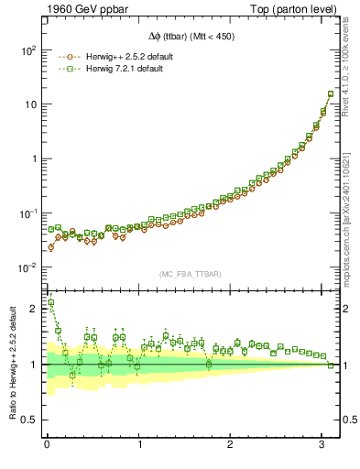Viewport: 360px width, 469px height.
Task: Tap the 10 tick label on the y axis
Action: tap(30, 104)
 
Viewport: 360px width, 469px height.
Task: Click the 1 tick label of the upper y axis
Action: tap(35, 158)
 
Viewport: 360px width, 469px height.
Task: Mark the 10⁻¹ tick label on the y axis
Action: tap(27, 213)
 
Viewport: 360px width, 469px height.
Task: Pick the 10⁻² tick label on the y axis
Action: tap(27, 267)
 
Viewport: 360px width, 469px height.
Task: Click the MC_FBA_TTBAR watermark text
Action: tap(191, 275)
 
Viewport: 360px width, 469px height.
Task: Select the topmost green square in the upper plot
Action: tap(331, 93)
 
